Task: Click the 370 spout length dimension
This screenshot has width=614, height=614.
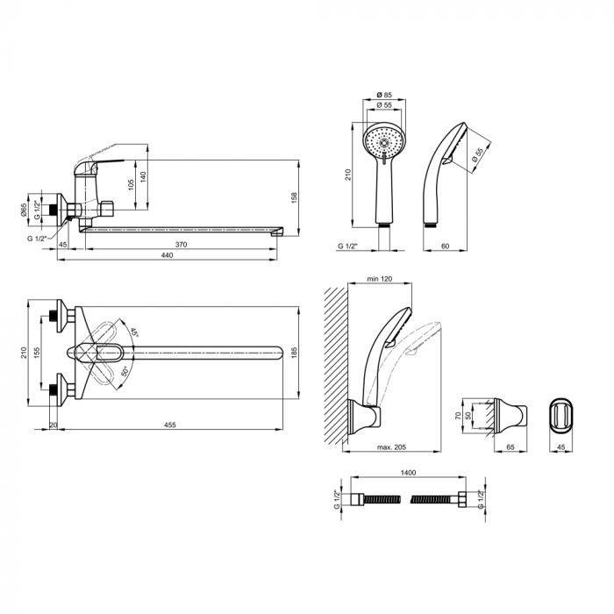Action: pos(181,245)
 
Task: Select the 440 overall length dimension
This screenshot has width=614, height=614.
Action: pos(168,255)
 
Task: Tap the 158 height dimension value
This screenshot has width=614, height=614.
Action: pos(295,197)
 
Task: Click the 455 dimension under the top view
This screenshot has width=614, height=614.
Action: pos(170,425)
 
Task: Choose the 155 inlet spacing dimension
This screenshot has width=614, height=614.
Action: pos(37,353)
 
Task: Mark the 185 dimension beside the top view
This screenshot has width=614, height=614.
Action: pos(295,352)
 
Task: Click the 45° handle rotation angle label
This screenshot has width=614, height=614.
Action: pos(134,332)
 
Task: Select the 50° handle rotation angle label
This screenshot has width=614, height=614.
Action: pos(125,372)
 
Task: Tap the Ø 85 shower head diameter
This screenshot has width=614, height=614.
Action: pos(384,95)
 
